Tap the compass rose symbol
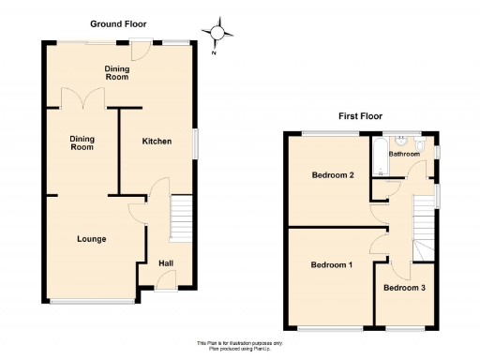pos(220,33)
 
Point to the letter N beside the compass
pos(213,52)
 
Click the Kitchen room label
pos(157,142)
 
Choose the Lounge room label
pos(91,239)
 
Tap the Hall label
pos(165,263)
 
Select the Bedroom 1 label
pos(331,265)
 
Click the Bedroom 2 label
pos(331,175)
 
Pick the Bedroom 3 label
pos(405,288)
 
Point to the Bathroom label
pos(404,154)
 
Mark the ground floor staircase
pos(181,217)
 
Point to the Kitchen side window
pos(196,142)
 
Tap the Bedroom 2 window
pos(331,134)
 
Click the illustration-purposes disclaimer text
pos(240,345)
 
